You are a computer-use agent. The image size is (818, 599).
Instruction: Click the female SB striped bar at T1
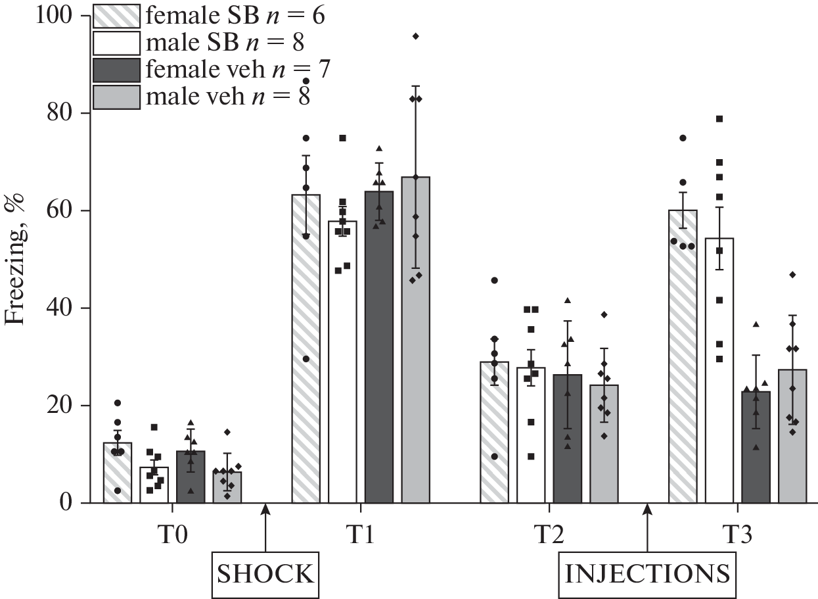pyautogui.click(x=306, y=348)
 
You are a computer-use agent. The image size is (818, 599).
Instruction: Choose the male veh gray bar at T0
pyautogui.click(x=227, y=487)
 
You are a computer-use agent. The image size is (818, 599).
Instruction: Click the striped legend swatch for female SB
pyautogui.click(x=116, y=15)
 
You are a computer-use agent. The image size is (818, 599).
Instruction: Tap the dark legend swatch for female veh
pyautogui.click(x=116, y=70)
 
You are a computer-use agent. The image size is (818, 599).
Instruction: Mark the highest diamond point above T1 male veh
pyautogui.click(x=415, y=36)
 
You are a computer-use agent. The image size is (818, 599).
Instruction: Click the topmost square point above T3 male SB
pyautogui.click(x=719, y=119)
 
